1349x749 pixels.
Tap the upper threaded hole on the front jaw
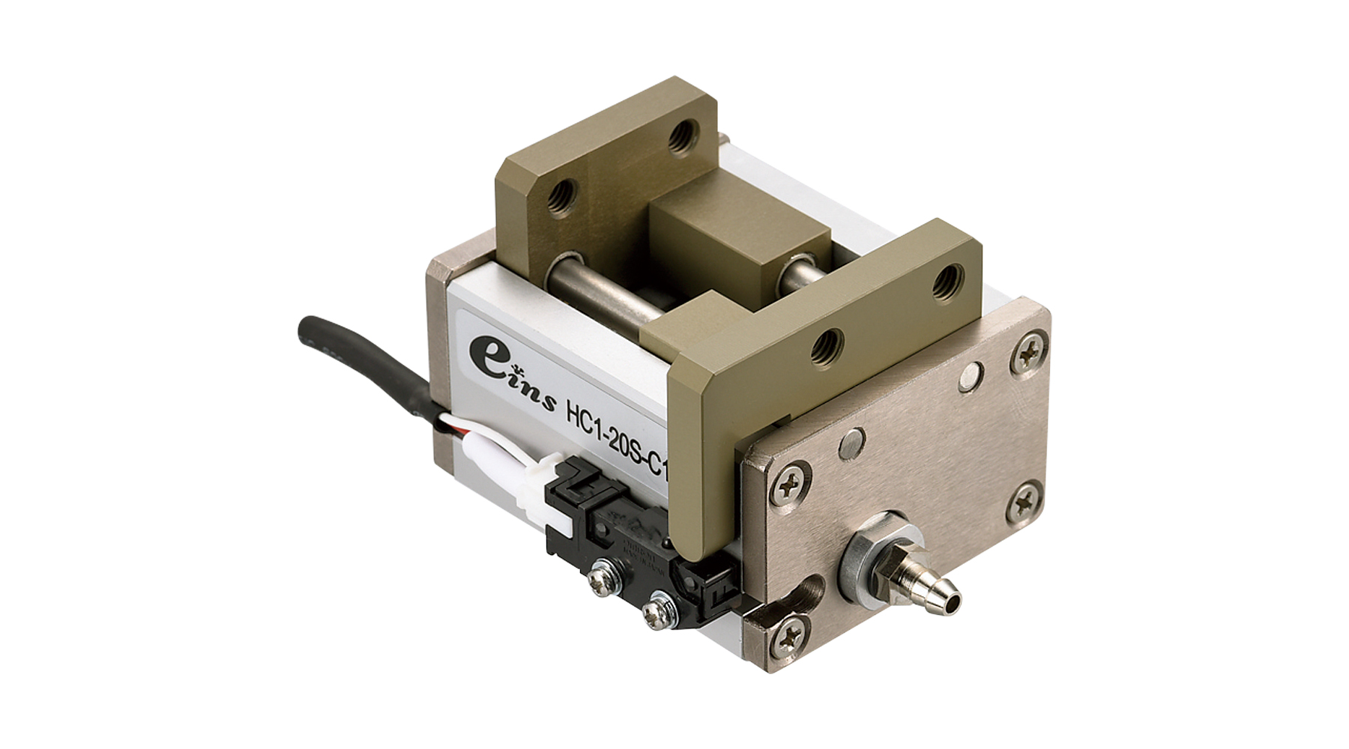pos(947,281)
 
